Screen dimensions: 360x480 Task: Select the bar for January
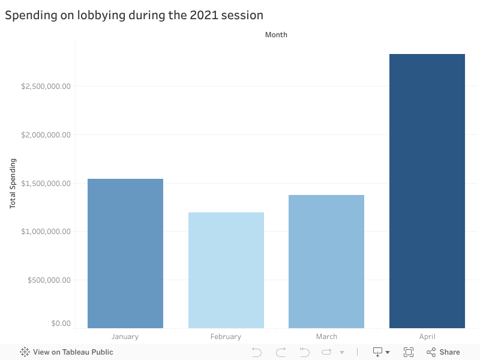(125, 253)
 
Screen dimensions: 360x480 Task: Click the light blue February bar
(226, 270)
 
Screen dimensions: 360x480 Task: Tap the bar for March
(326, 262)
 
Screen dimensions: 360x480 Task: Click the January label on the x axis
(125, 337)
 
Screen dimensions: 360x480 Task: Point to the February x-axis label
(226, 337)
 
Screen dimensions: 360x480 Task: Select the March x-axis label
(326, 337)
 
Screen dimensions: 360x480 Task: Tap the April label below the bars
(427, 337)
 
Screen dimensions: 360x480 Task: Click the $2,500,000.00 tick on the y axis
(46, 86)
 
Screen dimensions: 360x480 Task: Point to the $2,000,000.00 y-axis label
(46, 135)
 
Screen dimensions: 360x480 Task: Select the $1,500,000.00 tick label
(46, 184)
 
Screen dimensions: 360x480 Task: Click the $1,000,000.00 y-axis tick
(46, 232)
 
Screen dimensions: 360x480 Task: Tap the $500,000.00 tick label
(50, 280)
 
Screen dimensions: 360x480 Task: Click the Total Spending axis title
(13, 184)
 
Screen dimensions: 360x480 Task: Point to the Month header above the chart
(276, 35)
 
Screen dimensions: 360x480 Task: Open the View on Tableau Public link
(67, 352)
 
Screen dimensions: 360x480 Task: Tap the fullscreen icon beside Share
(409, 352)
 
